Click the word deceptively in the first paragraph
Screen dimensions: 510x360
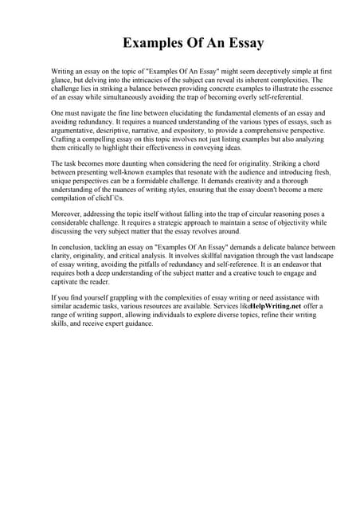tap(253, 72)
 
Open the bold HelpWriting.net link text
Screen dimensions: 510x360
tap(275, 307)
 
